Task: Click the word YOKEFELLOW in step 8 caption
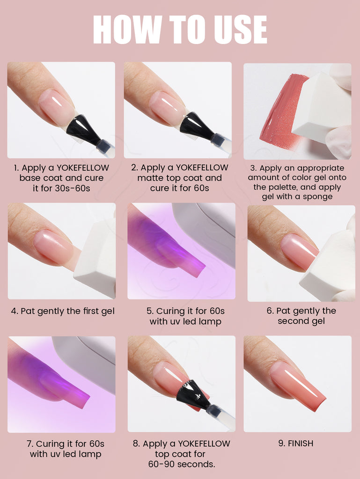tap(204, 443)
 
